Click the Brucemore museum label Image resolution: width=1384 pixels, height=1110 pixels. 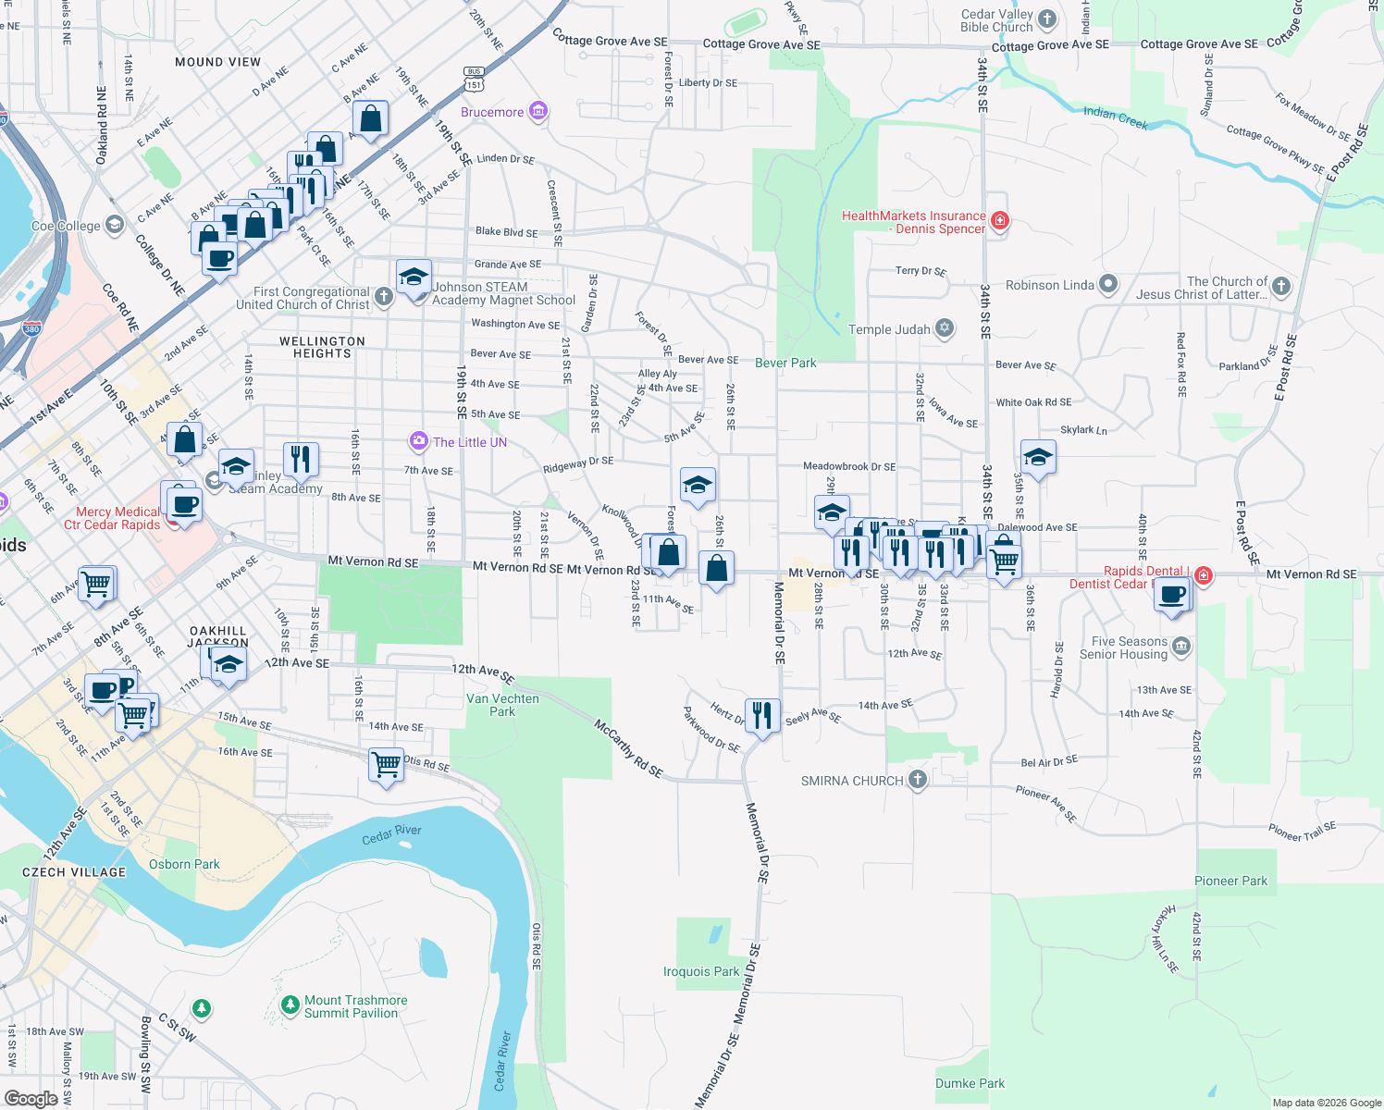pos(492,112)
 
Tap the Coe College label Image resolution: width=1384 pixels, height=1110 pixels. pos(66,226)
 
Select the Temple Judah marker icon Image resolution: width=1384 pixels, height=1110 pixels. pos(944,328)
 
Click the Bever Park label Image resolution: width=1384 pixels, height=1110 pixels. pos(785,363)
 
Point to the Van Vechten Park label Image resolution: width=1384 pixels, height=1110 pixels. pos(502,705)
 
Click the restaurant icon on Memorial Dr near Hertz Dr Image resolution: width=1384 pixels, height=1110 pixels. pos(761,716)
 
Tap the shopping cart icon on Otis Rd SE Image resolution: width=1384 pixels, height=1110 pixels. pos(386,765)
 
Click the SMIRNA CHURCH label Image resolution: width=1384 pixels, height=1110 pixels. pos(852,781)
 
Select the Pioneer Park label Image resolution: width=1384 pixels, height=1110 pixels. pos(1230,881)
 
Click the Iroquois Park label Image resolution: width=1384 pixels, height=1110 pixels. pos(701,971)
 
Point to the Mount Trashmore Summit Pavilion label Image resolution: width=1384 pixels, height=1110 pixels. pos(355,1006)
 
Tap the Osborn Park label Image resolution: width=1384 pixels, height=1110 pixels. pos(184,864)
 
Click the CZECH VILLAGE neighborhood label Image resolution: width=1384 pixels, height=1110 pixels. pos(74,872)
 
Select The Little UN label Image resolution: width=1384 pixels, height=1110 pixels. pos(470,442)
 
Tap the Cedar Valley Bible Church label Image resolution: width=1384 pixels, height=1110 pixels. pos(996,20)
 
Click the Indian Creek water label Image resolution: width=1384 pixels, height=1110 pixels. pos(1115,117)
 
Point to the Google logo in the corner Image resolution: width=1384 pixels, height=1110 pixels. pos(31,1098)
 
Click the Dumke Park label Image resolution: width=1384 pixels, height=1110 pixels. pos(970,1083)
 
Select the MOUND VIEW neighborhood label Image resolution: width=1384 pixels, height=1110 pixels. pos(217,62)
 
